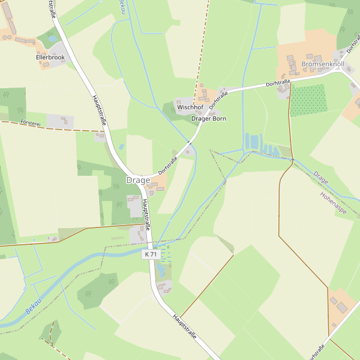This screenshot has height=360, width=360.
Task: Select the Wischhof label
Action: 190,107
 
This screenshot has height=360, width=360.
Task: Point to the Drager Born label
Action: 209,119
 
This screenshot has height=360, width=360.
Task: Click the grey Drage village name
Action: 138,180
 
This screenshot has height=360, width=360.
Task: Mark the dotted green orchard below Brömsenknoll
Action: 308,100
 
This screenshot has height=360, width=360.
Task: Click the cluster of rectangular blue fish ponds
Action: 259,144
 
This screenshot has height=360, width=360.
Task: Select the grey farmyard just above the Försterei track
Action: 59,121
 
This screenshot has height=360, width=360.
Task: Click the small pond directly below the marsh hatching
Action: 161,272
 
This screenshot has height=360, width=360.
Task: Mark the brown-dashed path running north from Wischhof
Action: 203,42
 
